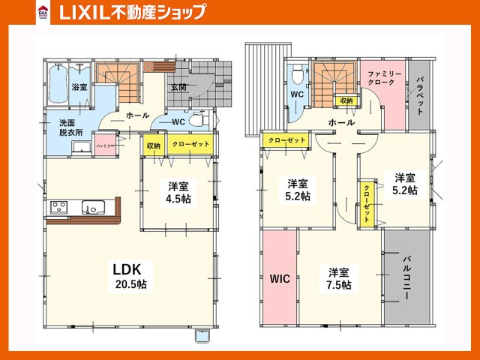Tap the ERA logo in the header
[43, 12]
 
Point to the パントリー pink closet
[104, 146]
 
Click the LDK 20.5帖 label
[129, 274]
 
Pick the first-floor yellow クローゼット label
[187, 143]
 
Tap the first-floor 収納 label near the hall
[153, 145]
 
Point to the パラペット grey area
[420, 95]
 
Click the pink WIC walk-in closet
[278, 278]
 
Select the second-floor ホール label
[341, 122]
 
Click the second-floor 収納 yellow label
[346, 100]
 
